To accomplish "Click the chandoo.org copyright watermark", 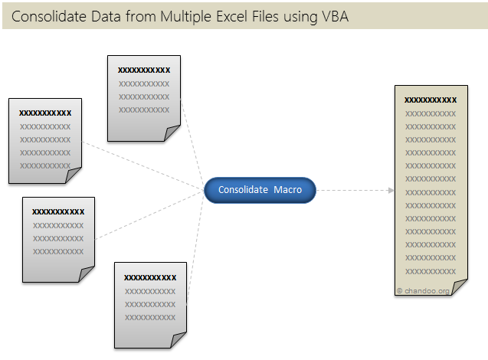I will [x=423, y=291].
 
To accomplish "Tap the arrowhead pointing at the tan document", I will [x=390, y=189].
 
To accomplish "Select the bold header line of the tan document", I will [x=430, y=100].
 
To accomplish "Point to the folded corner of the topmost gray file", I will [x=172, y=134].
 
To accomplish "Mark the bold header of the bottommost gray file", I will [x=150, y=277].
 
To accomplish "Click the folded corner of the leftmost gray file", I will [x=74, y=176].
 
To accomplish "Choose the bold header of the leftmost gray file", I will [x=45, y=113].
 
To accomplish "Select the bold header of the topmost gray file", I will [x=144, y=70].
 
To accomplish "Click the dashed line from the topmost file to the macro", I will [x=193, y=142].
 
